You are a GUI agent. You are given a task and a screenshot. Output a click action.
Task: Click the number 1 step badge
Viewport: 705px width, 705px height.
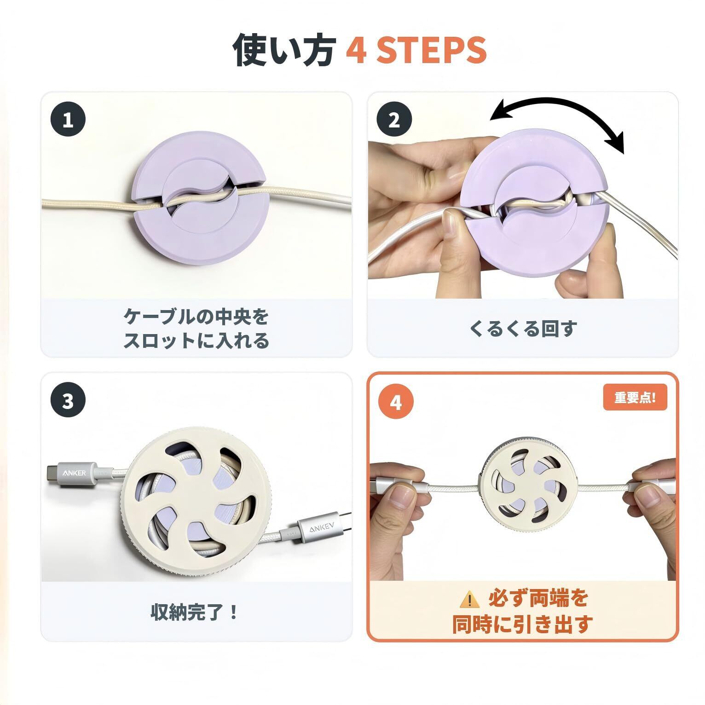tap(68, 120)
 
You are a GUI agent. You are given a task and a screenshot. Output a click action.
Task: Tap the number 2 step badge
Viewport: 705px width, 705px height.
tap(394, 120)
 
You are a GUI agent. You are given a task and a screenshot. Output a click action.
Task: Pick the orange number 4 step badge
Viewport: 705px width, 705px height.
tap(396, 402)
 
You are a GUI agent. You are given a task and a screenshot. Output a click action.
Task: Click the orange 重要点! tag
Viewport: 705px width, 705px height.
tap(635, 398)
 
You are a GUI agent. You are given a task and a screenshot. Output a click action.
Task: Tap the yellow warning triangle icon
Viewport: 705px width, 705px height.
tap(469, 598)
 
